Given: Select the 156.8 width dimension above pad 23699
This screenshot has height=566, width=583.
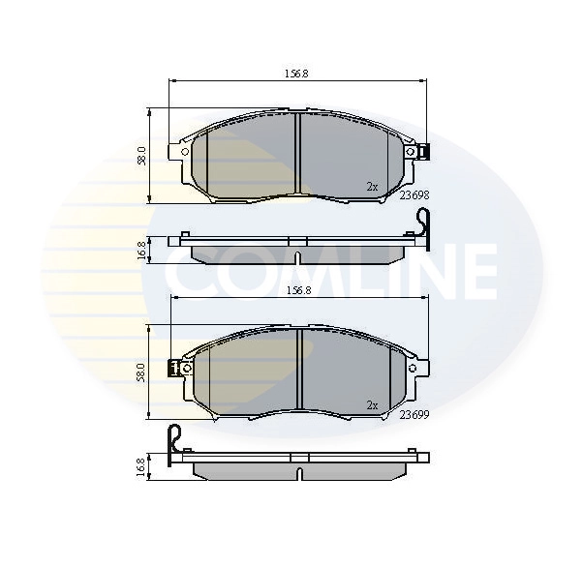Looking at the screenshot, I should point(296,289).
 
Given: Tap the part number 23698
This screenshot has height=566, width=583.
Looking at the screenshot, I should point(414,194).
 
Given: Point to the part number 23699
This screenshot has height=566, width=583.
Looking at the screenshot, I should point(414,414).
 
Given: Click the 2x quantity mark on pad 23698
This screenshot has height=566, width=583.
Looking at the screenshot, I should point(372,185).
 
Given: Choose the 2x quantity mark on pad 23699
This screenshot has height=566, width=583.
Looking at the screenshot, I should point(372,404).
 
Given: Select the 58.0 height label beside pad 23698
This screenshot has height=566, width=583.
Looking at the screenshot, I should point(141,155).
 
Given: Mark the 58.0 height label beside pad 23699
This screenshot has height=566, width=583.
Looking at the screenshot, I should point(141,372).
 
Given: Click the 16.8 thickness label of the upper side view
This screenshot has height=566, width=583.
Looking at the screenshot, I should point(141,250).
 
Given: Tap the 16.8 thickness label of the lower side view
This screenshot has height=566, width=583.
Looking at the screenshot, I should point(141,467).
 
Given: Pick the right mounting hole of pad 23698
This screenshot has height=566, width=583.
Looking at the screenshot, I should point(411,152).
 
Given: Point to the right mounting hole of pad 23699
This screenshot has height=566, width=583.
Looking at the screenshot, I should point(413,368).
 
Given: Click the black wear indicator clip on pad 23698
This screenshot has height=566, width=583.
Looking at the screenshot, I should point(425,152).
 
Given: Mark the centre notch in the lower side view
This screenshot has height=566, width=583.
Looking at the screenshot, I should point(299,475).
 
